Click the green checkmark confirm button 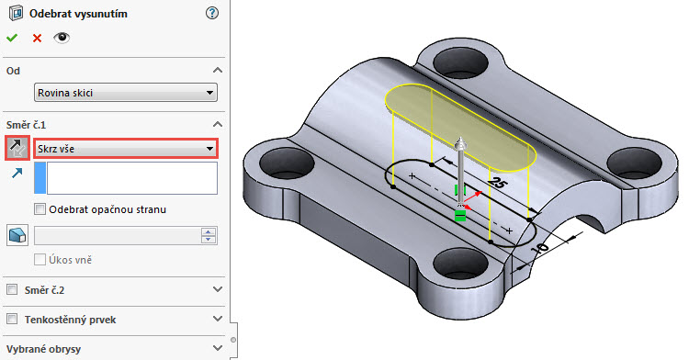tap(12, 38)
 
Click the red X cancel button tap(37, 38)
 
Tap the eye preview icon tap(62, 38)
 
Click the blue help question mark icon tap(213, 13)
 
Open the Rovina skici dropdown tap(125, 92)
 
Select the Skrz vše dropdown tap(125, 148)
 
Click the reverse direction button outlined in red tap(17, 148)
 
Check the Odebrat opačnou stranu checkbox tap(40, 209)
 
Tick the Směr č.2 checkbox tap(13, 289)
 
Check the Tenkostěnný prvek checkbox tap(13, 319)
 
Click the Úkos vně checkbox tap(40, 260)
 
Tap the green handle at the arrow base tap(459, 216)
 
